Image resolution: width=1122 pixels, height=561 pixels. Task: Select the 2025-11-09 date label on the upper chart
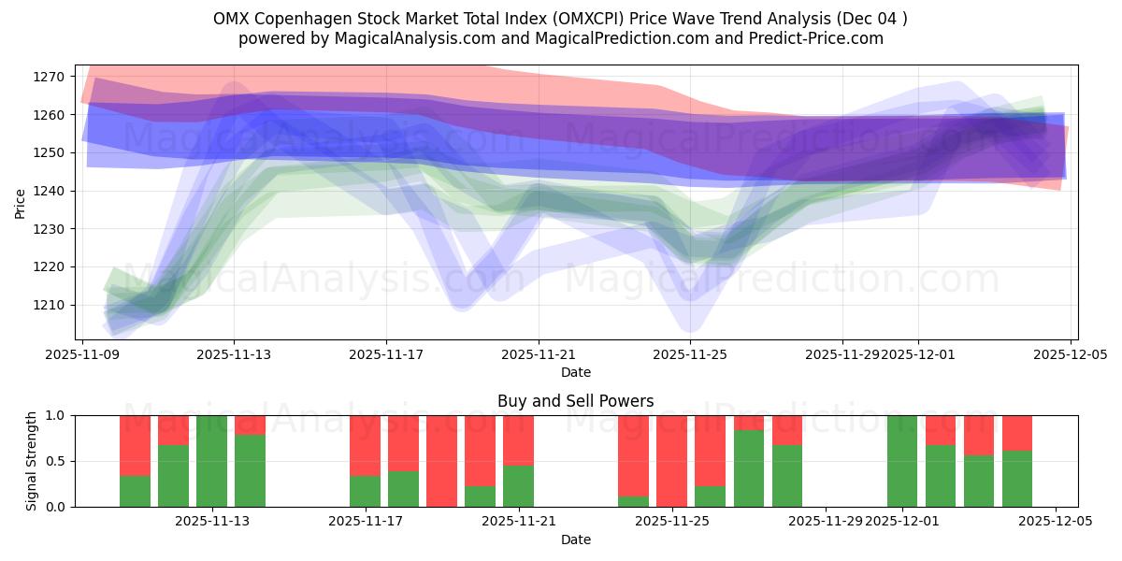click(x=83, y=355)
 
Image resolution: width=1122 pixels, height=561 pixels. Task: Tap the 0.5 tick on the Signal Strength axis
click(x=56, y=461)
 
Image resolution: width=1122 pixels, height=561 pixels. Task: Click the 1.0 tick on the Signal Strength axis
click(x=56, y=415)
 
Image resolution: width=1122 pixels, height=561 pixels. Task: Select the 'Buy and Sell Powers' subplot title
click(x=575, y=401)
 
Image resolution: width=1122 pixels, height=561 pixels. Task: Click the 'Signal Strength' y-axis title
click(x=31, y=461)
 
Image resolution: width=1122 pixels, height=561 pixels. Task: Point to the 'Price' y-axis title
click(x=21, y=202)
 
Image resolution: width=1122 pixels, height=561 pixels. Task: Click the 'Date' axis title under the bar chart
click(x=575, y=539)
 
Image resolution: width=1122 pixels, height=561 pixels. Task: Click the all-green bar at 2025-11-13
click(x=211, y=461)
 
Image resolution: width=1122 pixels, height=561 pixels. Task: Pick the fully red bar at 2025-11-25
click(x=671, y=461)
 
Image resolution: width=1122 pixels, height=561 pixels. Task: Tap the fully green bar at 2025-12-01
click(x=902, y=461)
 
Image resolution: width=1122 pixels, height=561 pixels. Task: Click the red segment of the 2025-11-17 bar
click(x=365, y=445)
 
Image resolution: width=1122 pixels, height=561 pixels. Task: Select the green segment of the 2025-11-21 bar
click(x=518, y=486)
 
